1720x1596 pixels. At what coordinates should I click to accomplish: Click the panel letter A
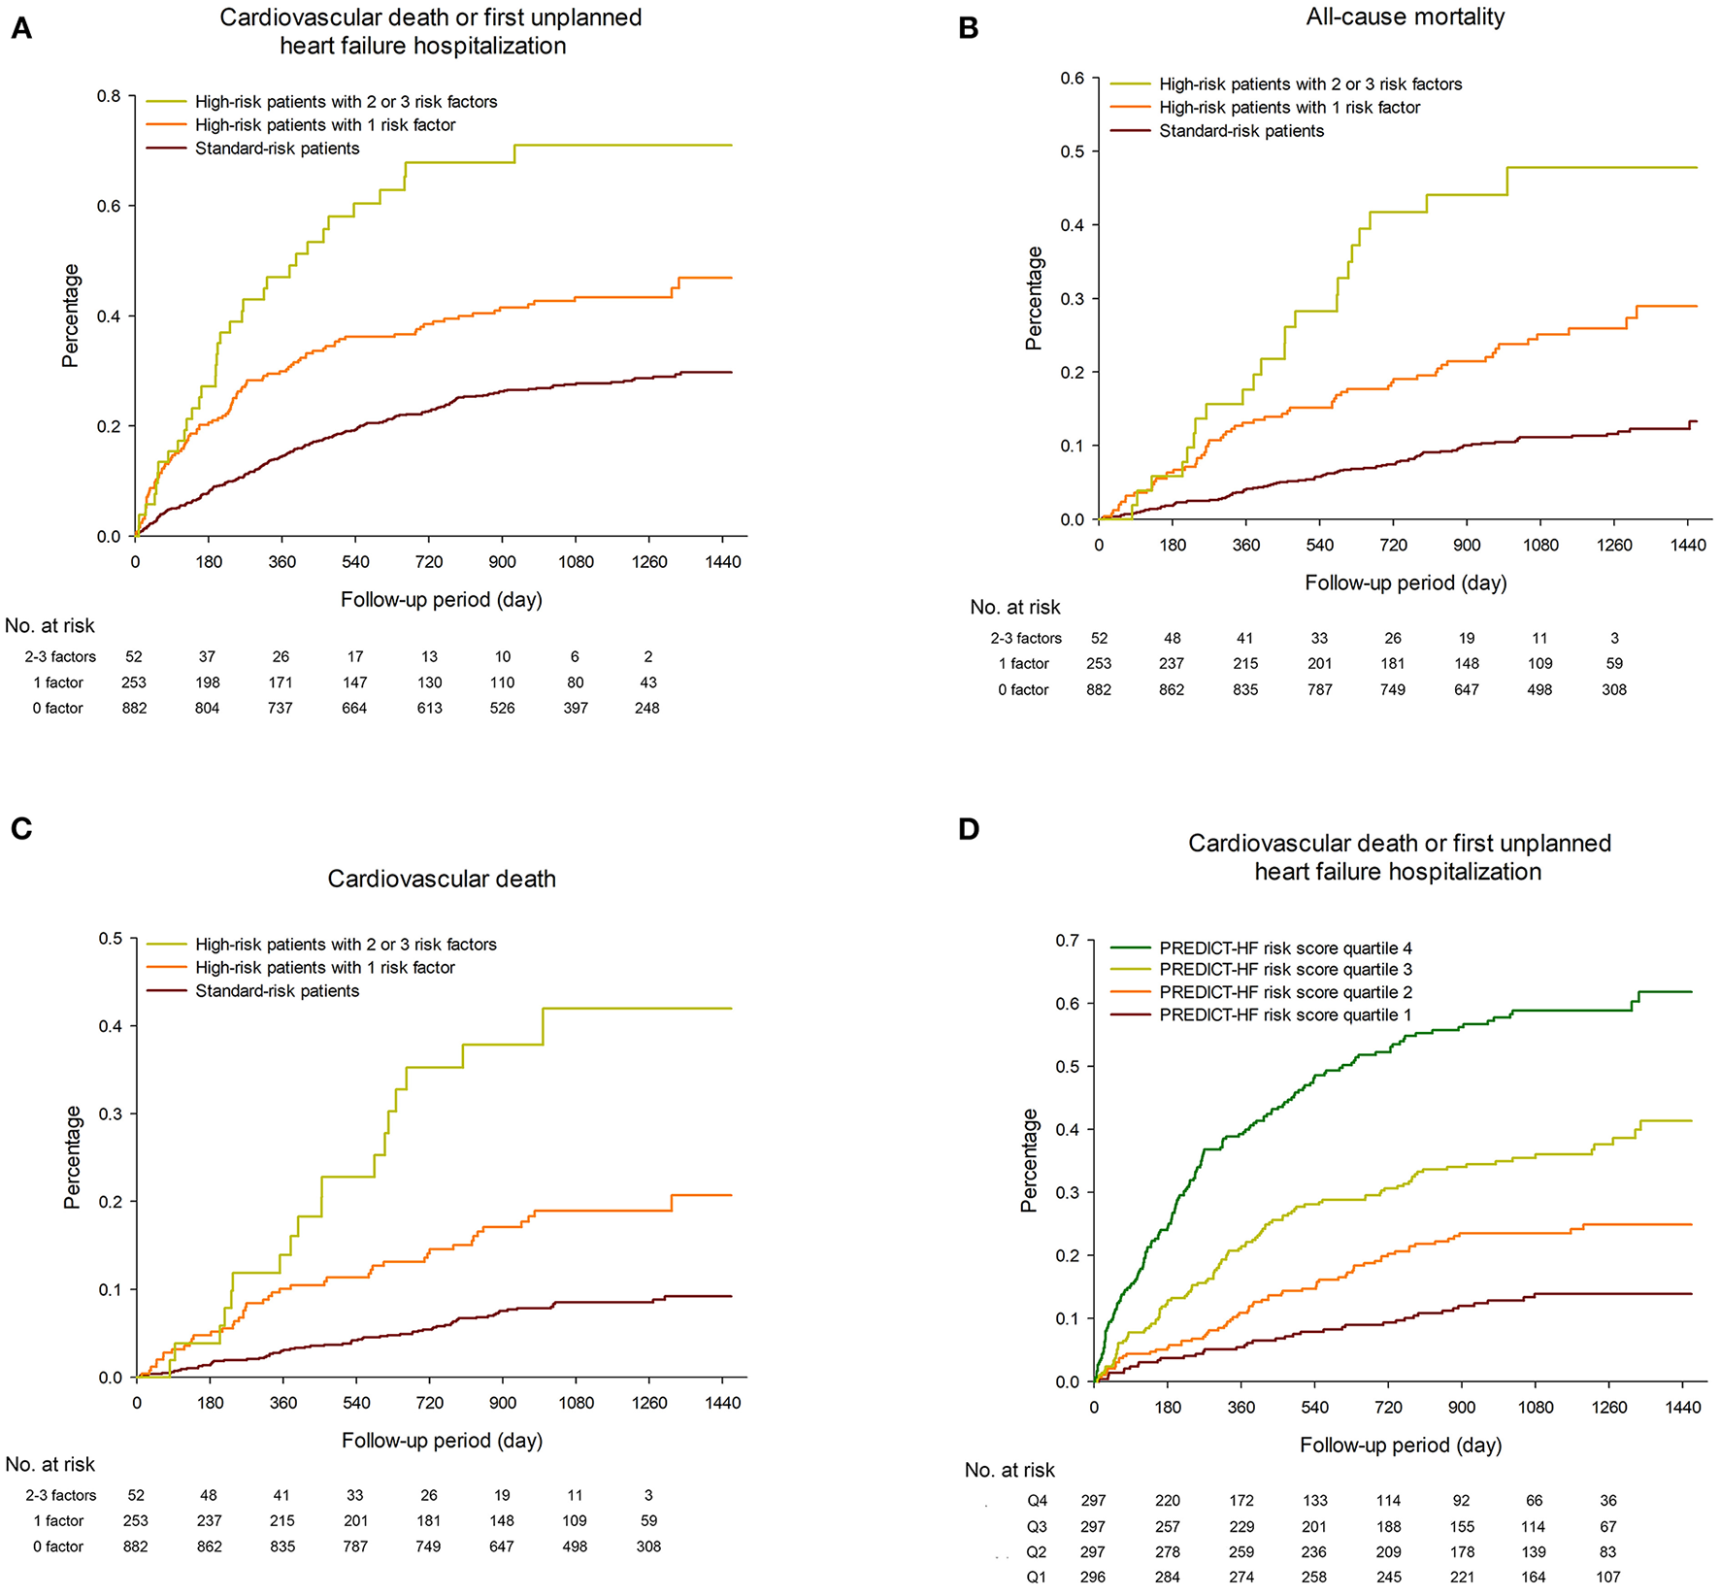(20, 29)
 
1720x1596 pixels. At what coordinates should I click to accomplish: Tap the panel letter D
(968, 829)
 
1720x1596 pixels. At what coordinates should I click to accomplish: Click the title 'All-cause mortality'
(1405, 17)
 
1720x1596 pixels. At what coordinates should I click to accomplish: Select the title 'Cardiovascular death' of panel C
(442, 879)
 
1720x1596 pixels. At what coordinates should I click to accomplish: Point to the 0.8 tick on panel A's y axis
(109, 96)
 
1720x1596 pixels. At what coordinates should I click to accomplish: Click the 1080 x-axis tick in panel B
(1540, 545)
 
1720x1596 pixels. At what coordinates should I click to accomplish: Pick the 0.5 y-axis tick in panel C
(111, 938)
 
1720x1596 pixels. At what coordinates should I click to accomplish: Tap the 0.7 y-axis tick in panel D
(1068, 940)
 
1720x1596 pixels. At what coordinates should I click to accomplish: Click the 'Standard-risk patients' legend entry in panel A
(277, 149)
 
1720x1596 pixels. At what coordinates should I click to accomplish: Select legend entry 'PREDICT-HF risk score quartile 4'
(1285, 948)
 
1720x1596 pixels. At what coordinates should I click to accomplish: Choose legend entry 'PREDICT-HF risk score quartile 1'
(1285, 1015)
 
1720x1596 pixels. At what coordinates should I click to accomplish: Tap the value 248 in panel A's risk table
(647, 708)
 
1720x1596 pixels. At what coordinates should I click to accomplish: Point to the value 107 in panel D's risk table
(1608, 1577)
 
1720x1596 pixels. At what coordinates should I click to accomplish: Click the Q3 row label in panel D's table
(1037, 1526)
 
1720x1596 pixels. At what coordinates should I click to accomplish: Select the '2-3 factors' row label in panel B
(1026, 638)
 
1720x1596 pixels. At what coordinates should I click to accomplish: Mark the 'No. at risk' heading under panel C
(50, 1464)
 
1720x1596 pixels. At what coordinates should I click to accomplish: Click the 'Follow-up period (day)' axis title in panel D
(1401, 1445)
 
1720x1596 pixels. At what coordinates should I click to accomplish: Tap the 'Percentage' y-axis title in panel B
(1034, 298)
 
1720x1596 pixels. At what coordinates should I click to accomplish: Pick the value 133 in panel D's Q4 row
(1315, 1500)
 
